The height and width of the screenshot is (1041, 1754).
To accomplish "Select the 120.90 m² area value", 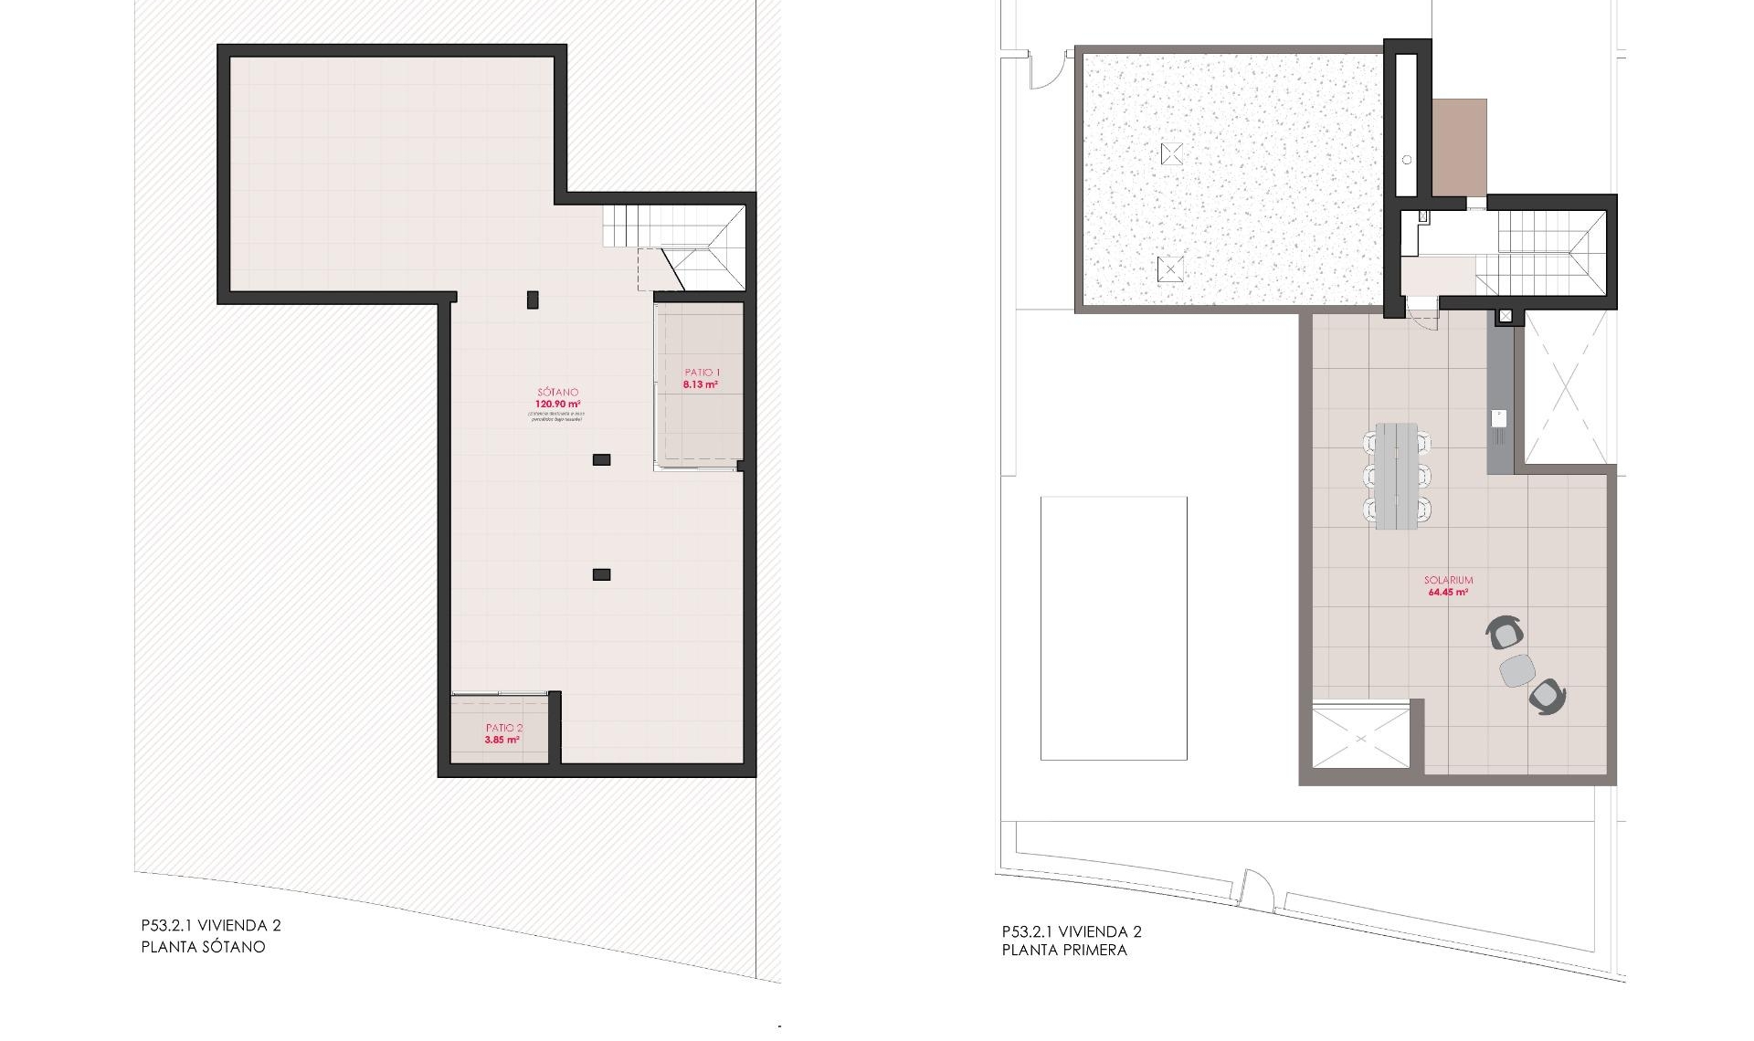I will (557, 404).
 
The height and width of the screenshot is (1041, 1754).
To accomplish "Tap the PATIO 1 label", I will (702, 373).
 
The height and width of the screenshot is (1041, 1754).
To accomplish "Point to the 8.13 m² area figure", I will (700, 384).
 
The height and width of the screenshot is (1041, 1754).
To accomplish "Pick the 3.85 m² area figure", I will (502, 740).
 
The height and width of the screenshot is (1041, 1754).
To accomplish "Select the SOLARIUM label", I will (1448, 580).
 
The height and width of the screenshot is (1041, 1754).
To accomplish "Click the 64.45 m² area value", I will (1448, 592).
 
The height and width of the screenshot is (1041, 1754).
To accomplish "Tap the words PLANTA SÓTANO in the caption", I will (203, 947).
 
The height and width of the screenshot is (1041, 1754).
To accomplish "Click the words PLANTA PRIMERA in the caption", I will (1064, 950).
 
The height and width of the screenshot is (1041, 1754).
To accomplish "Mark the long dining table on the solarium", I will (1397, 477).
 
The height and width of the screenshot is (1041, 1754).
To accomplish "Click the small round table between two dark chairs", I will (1517, 670).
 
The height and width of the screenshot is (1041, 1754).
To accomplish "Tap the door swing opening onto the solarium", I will (1421, 313).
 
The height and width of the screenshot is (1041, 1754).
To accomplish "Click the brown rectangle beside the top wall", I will (1459, 147).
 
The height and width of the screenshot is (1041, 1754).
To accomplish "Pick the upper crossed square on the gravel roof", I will (1171, 153).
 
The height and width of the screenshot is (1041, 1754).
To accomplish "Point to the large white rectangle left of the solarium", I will (1114, 628).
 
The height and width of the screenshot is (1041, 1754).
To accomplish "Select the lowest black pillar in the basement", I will (601, 574).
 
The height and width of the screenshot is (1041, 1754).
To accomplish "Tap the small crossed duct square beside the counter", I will (1506, 317).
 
